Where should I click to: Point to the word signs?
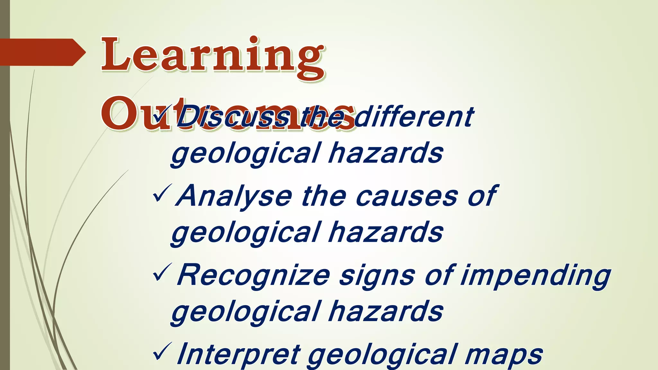(x=377, y=276)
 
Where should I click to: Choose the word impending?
(x=535, y=276)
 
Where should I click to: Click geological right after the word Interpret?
(x=382, y=355)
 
